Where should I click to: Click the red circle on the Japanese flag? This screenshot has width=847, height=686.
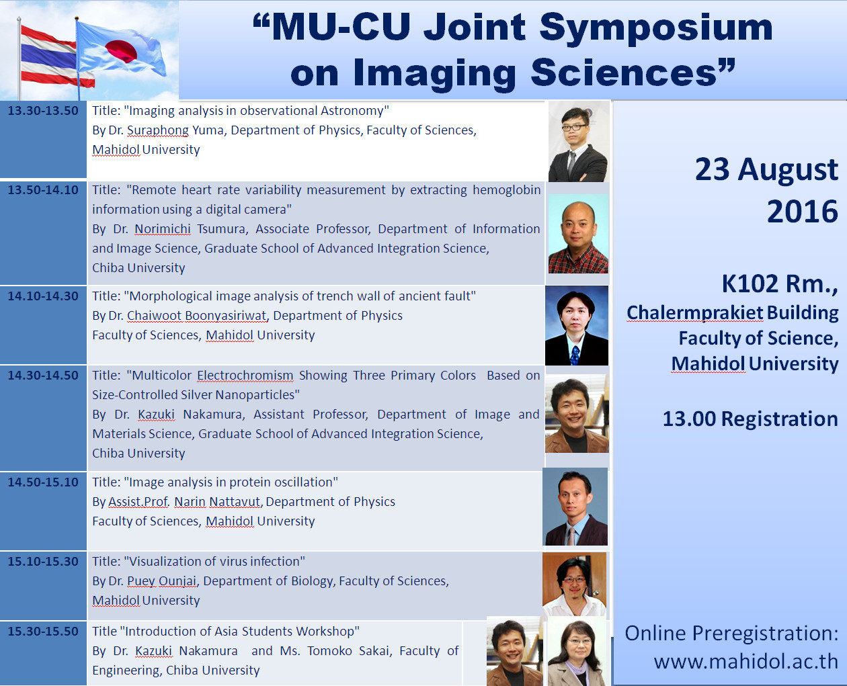[121, 52]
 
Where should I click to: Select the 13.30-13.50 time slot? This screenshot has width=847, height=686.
[43, 110]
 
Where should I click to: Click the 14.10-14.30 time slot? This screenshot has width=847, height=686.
[43, 296]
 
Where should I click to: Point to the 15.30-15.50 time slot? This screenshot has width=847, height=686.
[43, 631]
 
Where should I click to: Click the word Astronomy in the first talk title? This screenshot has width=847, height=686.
[353, 110]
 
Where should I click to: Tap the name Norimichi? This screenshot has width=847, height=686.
[163, 229]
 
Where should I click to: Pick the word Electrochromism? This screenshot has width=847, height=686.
[245, 375]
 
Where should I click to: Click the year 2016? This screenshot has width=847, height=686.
[803, 212]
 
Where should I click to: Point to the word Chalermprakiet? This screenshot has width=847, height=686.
[694, 313]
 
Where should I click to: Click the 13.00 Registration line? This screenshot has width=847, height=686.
[750, 419]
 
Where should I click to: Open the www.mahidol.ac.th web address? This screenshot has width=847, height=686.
[746, 662]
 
